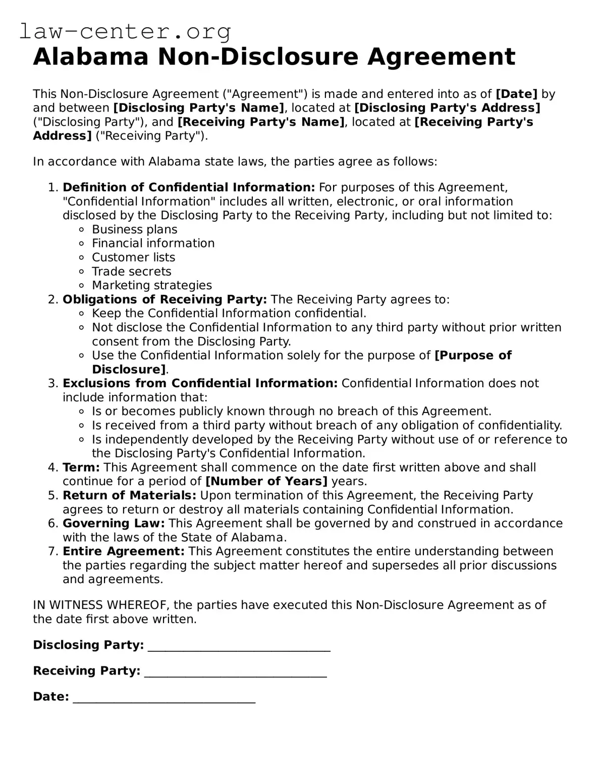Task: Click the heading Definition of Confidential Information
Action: pos(189,187)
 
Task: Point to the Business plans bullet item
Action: pos(134,229)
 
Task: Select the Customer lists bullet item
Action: pos(133,257)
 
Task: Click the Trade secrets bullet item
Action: pos(131,272)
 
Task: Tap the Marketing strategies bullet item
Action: pos(151,285)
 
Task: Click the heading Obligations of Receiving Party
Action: pos(165,299)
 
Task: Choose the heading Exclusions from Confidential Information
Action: pos(200,383)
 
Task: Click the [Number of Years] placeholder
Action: pos(266,481)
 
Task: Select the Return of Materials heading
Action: pos(129,495)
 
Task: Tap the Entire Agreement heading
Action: pos(124,551)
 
